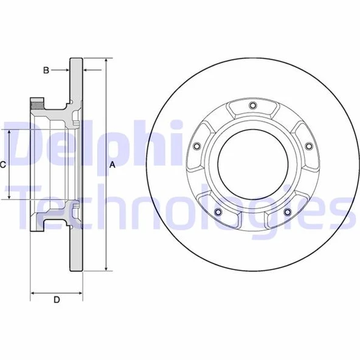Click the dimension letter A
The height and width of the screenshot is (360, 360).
coord(112,165)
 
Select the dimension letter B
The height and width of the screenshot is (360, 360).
coord(46,71)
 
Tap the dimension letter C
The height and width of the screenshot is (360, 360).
coord(3,164)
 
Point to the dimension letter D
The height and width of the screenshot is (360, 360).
coord(57,299)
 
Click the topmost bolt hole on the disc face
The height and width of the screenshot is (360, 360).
coord(251,107)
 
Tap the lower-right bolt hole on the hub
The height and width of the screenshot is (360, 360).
coord(286,212)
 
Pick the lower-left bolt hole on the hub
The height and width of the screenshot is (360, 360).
coord(216,212)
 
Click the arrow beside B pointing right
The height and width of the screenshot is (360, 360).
coord(66,71)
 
